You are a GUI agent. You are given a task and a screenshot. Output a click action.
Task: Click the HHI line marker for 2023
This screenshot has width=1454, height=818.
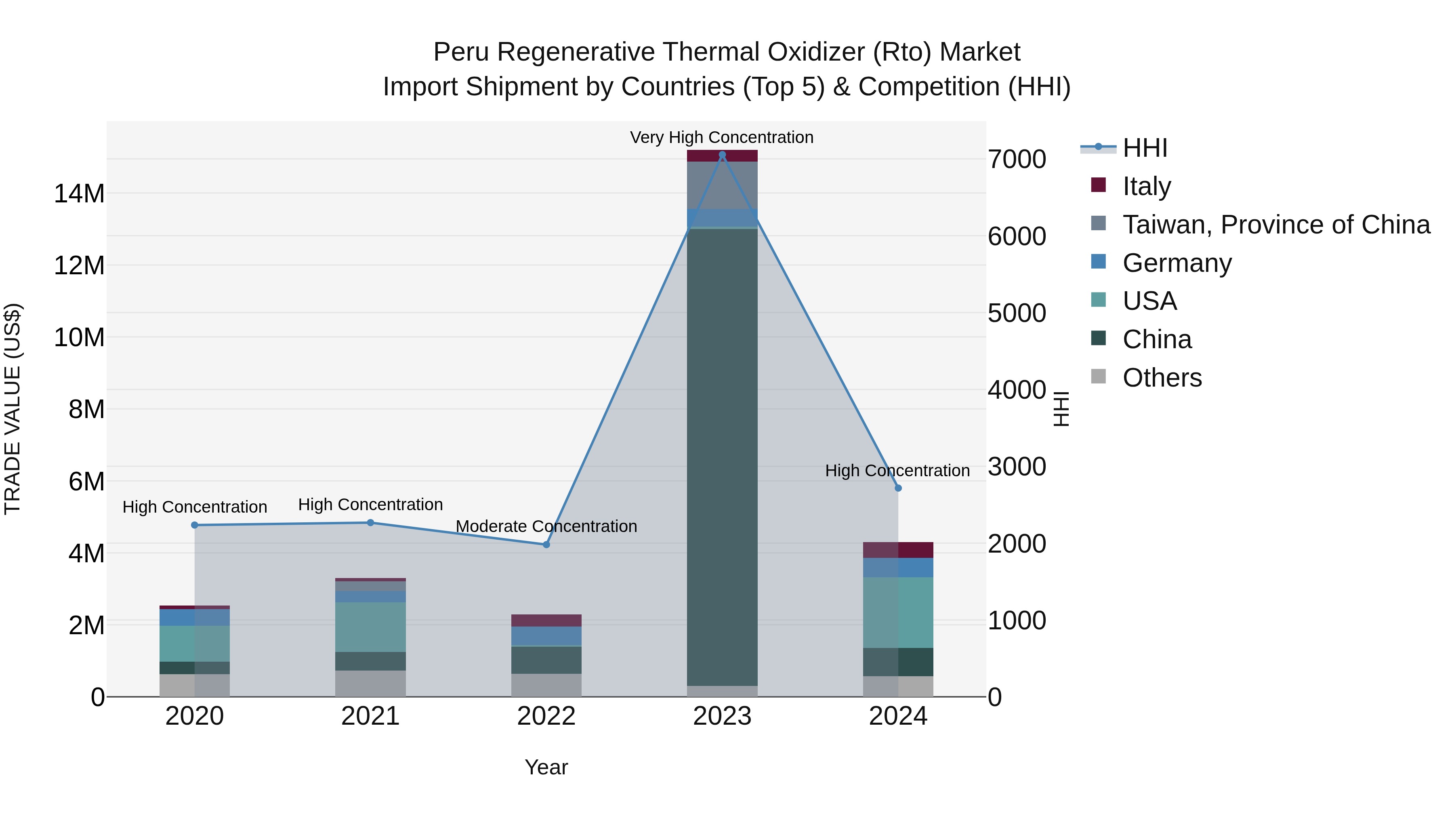[x=722, y=155]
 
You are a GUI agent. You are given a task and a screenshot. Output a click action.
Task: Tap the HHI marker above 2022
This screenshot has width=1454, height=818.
[x=546, y=545]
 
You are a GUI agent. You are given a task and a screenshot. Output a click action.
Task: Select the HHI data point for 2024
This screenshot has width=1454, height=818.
[x=898, y=488]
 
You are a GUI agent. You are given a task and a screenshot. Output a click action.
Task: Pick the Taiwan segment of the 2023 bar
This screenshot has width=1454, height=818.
[x=722, y=185]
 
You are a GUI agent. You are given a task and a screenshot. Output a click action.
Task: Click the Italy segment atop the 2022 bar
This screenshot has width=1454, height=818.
[x=546, y=620]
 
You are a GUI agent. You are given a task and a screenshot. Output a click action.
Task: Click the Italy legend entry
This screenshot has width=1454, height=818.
[x=1146, y=186]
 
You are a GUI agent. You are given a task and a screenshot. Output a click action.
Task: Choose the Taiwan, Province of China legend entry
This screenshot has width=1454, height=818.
[x=1275, y=224]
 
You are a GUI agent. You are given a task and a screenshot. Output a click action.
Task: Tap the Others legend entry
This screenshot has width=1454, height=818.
[x=1162, y=378]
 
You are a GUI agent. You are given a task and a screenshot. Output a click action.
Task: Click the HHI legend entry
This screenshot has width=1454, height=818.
[x=1145, y=148]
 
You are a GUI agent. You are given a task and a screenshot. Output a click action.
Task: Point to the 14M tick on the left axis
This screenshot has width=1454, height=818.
[x=79, y=193]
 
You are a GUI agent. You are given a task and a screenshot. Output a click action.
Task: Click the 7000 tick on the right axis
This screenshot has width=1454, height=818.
[x=1017, y=159]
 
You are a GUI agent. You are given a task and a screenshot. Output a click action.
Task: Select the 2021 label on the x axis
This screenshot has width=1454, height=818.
[x=370, y=716]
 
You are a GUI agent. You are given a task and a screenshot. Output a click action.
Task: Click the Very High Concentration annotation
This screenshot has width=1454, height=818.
[x=721, y=137]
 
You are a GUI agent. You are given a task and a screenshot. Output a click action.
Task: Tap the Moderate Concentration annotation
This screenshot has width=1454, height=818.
[x=546, y=526]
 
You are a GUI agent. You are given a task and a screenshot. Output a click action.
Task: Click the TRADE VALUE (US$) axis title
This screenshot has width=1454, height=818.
[x=13, y=409]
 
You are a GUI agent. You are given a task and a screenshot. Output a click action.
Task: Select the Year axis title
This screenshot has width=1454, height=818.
[x=546, y=767]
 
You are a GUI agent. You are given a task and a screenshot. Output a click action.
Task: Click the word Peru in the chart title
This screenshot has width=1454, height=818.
[x=462, y=52]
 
